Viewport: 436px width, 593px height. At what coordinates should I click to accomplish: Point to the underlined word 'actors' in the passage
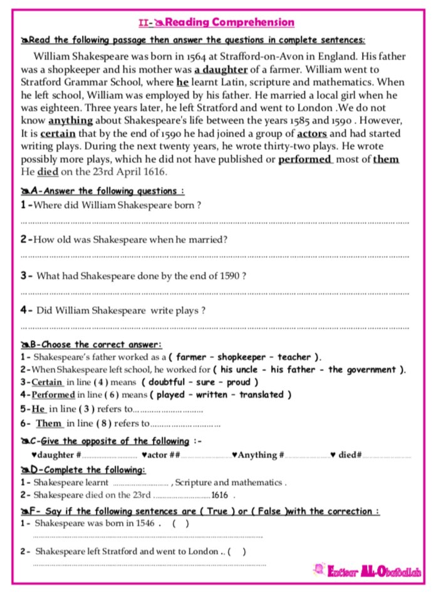[312, 134]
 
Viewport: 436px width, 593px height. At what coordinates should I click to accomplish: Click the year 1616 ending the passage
[156, 172]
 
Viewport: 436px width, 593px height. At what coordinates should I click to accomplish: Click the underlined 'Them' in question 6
[48, 424]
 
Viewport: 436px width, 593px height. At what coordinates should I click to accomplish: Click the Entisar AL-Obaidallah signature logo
[368, 571]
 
